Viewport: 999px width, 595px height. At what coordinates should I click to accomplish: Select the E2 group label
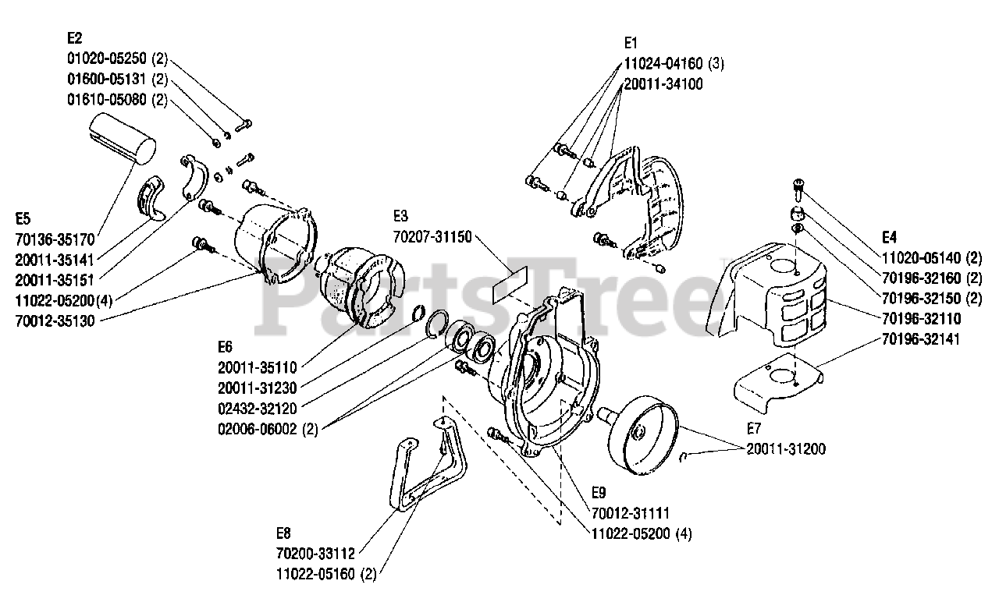click(75, 37)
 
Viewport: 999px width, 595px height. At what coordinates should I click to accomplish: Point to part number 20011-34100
click(663, 84)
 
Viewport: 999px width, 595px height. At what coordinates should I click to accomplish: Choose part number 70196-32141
click(921, 339)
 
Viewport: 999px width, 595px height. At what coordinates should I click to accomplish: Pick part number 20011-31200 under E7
click(786, 449)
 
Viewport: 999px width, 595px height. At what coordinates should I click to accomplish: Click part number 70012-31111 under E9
click(630, 513)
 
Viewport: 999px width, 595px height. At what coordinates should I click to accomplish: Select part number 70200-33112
click(315, 554)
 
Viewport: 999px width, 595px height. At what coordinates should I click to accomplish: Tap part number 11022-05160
click(315, 575)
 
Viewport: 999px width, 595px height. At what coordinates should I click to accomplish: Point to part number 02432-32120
click(257, 407)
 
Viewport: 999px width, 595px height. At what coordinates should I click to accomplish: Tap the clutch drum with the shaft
click(643, 430)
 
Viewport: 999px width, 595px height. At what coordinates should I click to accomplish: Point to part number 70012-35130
click(55, 320)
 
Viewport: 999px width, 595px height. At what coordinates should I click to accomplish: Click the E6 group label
click(226, 346)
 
